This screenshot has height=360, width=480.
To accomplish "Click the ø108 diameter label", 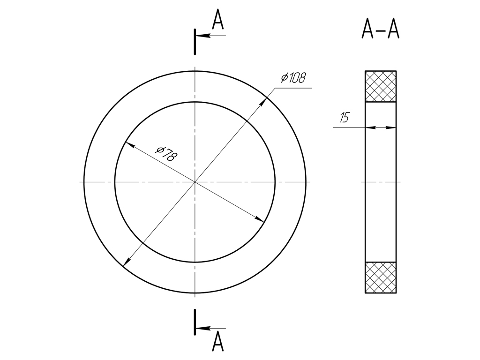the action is click(293, 78).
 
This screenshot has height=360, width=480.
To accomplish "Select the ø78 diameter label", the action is click(166, 154).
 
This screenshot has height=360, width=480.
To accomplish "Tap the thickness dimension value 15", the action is click(345, 118).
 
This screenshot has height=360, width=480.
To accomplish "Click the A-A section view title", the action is click(381, 29).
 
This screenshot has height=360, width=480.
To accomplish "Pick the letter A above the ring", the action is click(218, 19).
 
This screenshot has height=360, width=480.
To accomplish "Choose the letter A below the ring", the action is click(217, 341).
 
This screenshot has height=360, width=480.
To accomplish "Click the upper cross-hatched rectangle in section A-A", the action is click(381, 86).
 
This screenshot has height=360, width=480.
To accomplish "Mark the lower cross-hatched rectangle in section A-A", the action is click(381, 277).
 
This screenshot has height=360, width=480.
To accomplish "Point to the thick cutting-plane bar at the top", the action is click(195, 42).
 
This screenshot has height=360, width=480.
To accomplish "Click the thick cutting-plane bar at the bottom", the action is click(195, 322).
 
